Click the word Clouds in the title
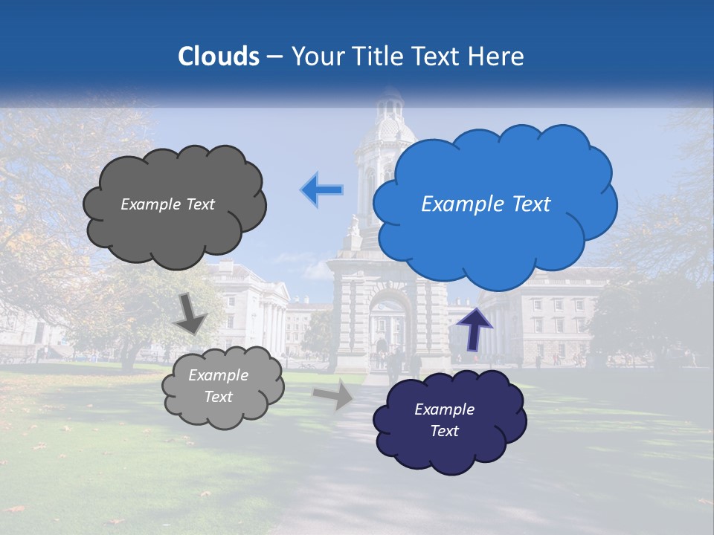click(219, 56)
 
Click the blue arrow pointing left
click(322, 189)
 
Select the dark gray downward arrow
click(190, 314)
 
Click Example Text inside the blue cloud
click(486, 204)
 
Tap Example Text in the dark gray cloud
click(167, 204)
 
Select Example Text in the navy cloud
click(444, 420)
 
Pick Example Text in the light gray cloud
click(218, 386)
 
